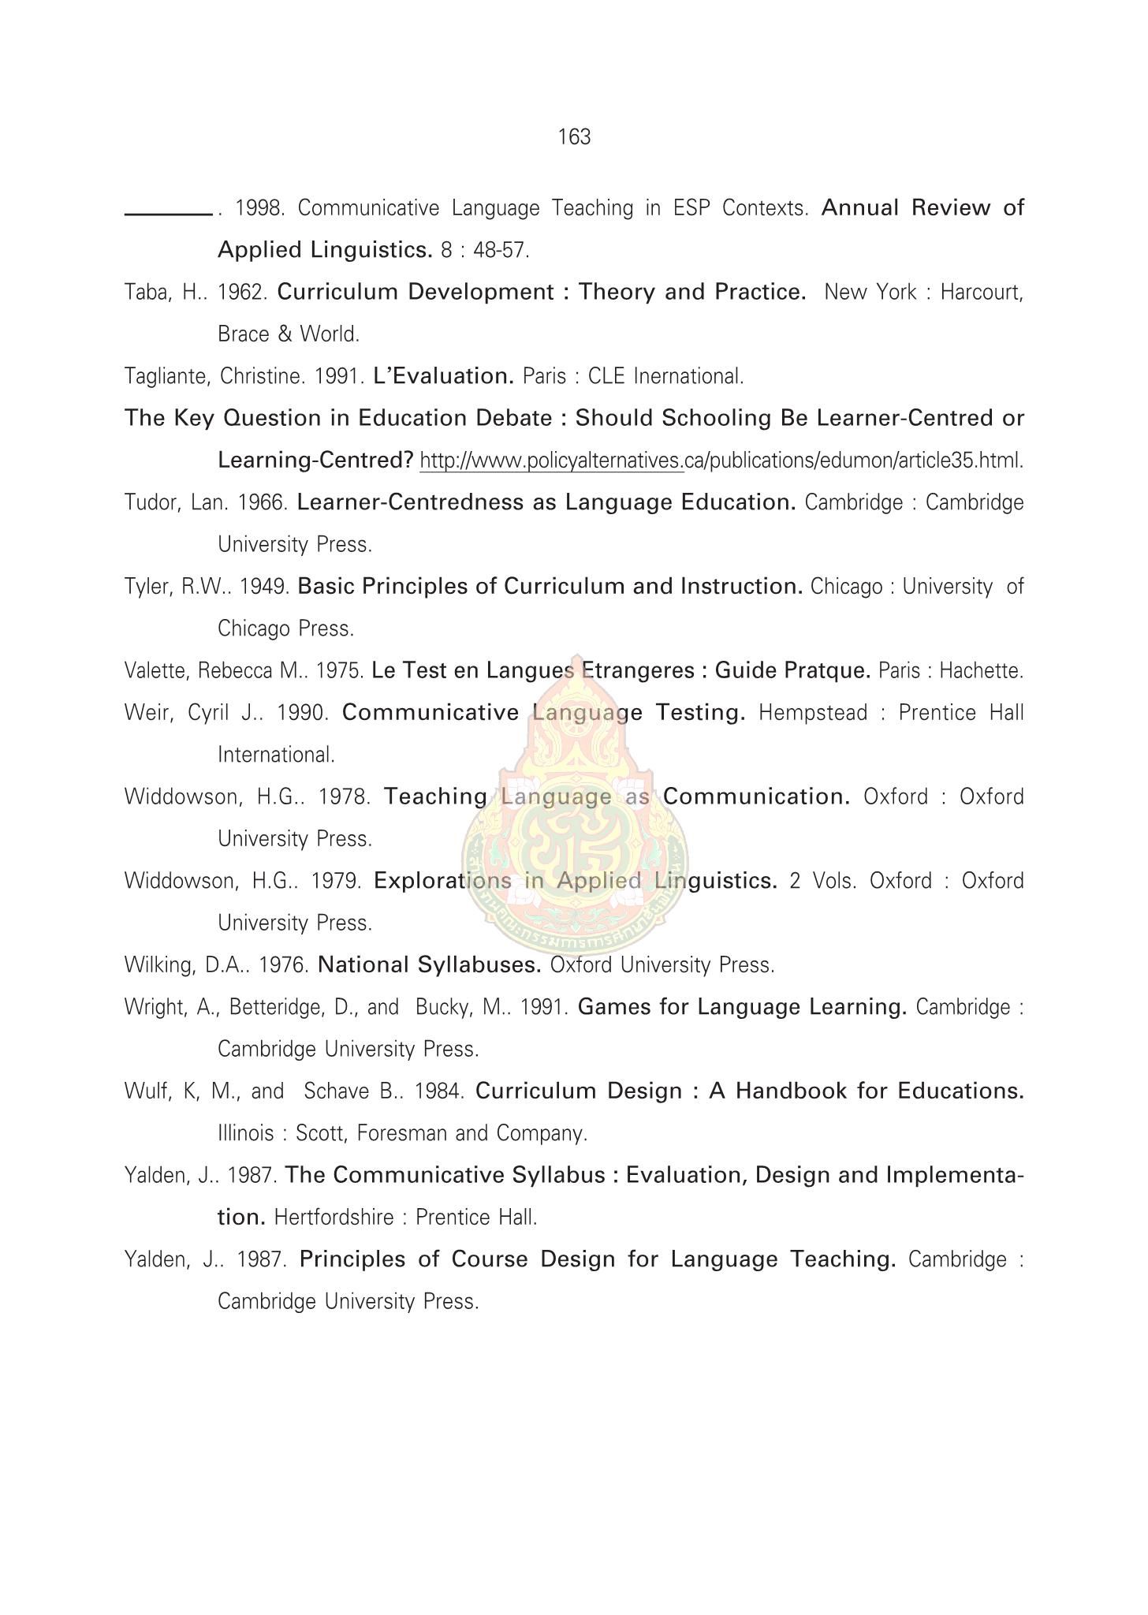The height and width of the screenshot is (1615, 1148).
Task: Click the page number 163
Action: point(574,137)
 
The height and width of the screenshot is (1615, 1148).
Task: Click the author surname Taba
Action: point(143,293)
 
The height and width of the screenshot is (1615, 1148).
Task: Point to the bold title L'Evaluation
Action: point(444,376)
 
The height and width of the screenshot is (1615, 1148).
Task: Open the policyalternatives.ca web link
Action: point(721,461)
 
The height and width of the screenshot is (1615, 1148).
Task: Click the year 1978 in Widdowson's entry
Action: point(344,797)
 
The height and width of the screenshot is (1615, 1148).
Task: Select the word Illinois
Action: point(245,1134)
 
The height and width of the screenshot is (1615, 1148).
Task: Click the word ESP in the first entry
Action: point(690,208)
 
